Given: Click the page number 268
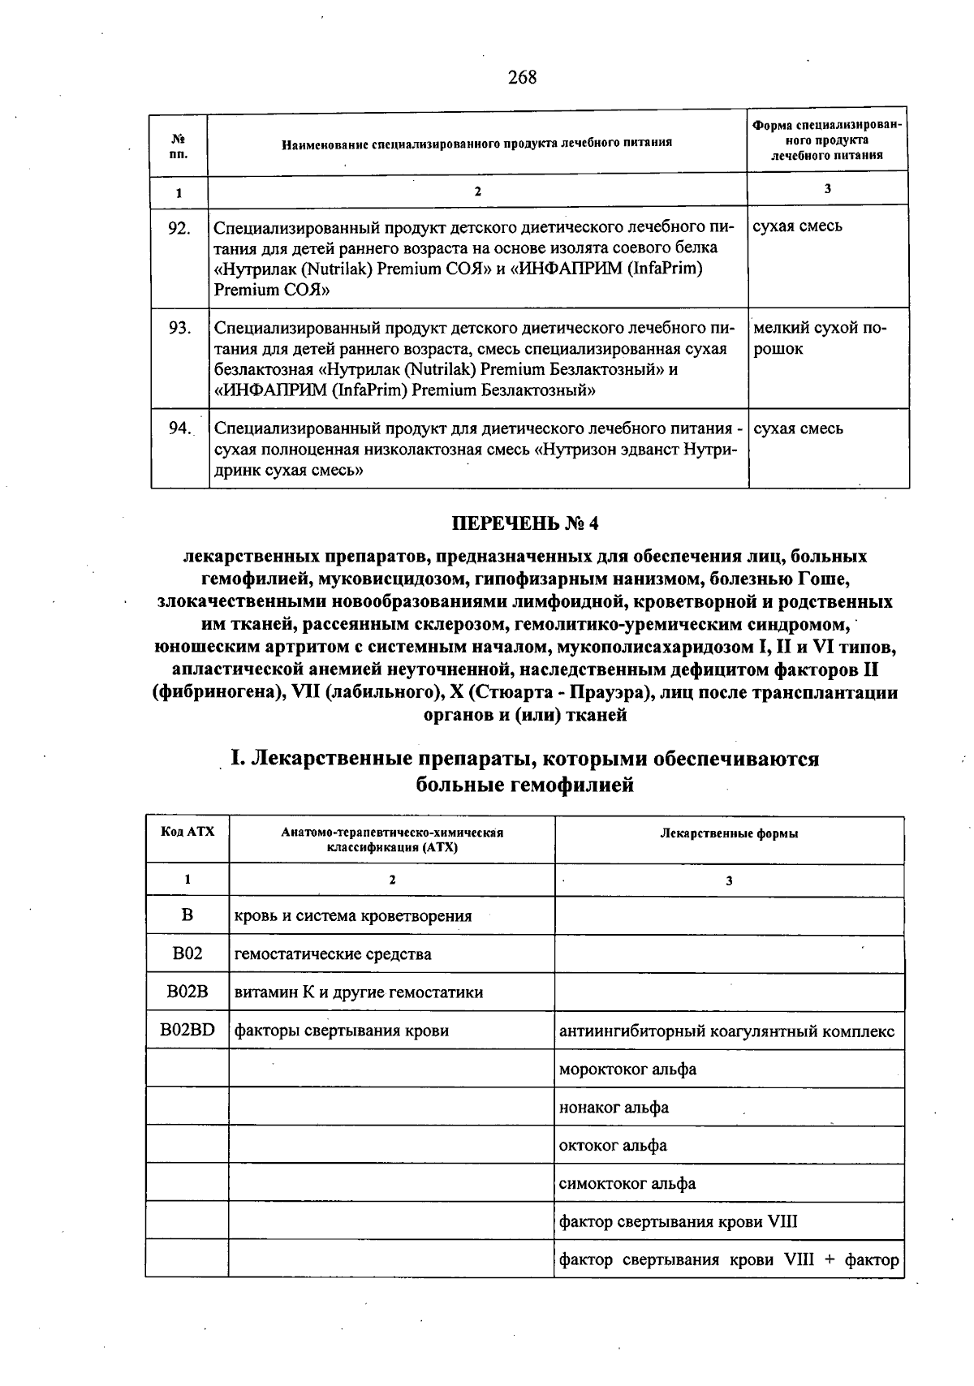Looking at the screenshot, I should point(522,78).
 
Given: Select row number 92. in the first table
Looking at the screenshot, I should point(179,228).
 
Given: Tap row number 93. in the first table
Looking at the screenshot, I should point(179,328).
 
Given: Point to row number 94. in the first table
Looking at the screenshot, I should point(179,428).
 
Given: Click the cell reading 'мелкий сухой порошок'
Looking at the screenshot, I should point(820,338).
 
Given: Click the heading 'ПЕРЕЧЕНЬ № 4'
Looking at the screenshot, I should point(525,523).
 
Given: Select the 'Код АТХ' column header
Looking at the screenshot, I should point(187,832).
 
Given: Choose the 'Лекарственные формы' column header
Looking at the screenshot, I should point(729,833).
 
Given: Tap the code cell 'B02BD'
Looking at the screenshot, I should point(187,1030).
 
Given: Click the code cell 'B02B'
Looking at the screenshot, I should point(187,992).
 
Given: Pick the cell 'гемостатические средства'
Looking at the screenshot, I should point(333,954).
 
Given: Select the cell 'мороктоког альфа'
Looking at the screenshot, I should point(627,1069).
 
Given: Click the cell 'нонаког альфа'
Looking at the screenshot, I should point(614,1107).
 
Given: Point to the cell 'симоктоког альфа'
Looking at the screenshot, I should point(627,1183).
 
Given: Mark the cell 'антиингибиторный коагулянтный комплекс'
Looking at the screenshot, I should point(727,1031).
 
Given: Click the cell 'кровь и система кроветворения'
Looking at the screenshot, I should point(353,916).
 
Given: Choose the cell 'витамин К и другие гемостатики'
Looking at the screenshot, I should point(359,992).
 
